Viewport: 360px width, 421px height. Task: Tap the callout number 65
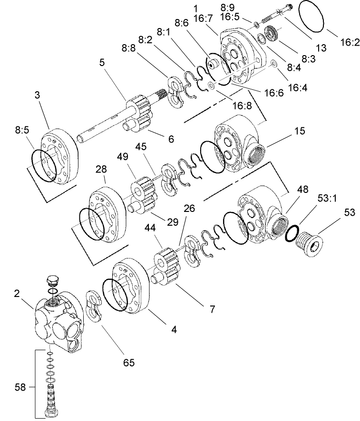coord(128,363)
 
